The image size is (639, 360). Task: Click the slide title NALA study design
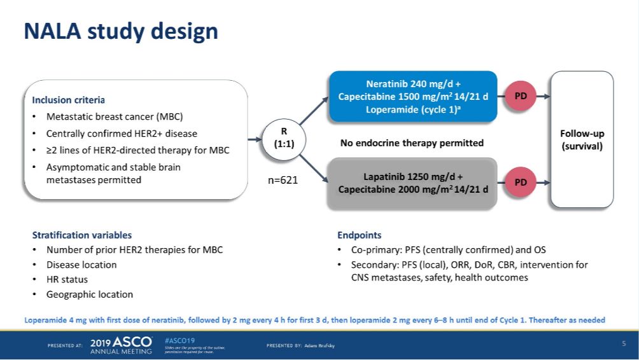point(121,31)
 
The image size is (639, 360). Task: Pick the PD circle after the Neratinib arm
point(520,96)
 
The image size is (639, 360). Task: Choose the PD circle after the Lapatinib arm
point(520,182)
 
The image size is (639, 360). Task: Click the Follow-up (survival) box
point(582,139)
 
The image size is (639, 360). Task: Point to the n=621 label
point(282,180)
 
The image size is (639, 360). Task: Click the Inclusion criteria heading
point(68,100)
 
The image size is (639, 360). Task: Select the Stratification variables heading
point(81,235)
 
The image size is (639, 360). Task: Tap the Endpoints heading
point(360,235)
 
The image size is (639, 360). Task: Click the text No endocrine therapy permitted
point(412,142)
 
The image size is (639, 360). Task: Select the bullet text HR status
point(67,279)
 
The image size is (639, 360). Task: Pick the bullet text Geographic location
point(90,294)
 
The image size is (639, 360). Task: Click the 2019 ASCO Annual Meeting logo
point(122,345)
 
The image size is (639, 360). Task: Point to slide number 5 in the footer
point(624,344)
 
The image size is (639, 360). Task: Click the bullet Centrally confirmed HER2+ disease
point(122,134)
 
